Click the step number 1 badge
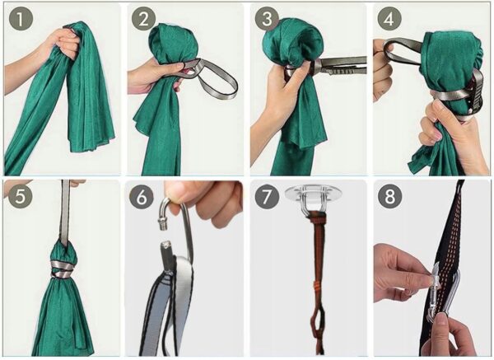[21, 19]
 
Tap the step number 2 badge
[143, 19]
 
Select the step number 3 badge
[267, 19]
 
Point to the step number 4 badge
[389, 19]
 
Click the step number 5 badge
[20, 196]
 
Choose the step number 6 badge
[142, 197]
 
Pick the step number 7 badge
[267, 197]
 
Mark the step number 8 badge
[389, 196]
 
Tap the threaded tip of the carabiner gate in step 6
[162, 224]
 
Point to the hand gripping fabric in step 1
[62, 44]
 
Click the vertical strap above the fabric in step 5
[65, 213]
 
